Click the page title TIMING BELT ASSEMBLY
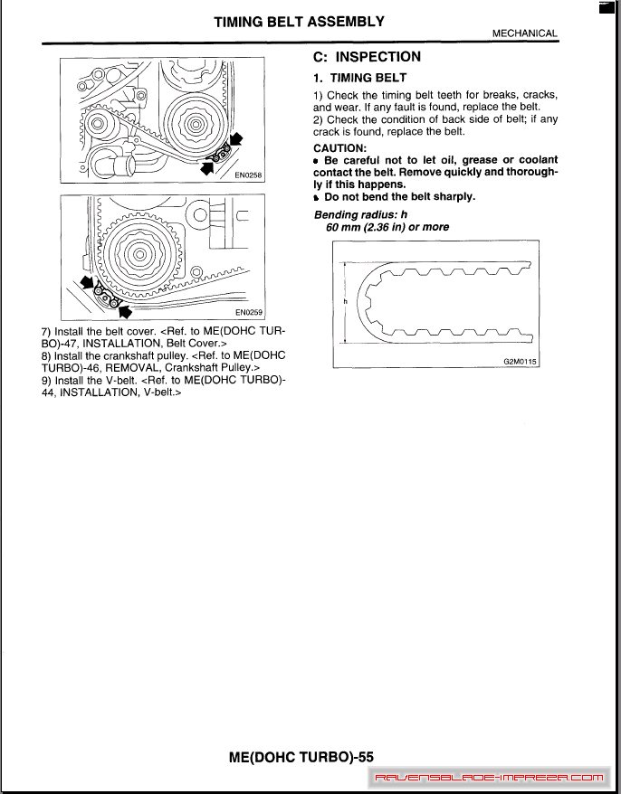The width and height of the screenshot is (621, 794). [299, 22]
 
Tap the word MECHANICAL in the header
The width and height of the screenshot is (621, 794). [524, 33]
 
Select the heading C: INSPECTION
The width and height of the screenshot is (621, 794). [367, 57]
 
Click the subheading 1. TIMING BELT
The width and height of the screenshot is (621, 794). [359, 79]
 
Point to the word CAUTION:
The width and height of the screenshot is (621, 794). [339, 148]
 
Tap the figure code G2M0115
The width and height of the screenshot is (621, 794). [520, 361]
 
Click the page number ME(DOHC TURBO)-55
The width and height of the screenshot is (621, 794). [301, 757]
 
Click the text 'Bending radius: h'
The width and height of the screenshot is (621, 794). [361, 214]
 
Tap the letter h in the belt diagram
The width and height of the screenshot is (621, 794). [345, 300]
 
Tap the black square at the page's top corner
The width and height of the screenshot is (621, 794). [607, 7]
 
